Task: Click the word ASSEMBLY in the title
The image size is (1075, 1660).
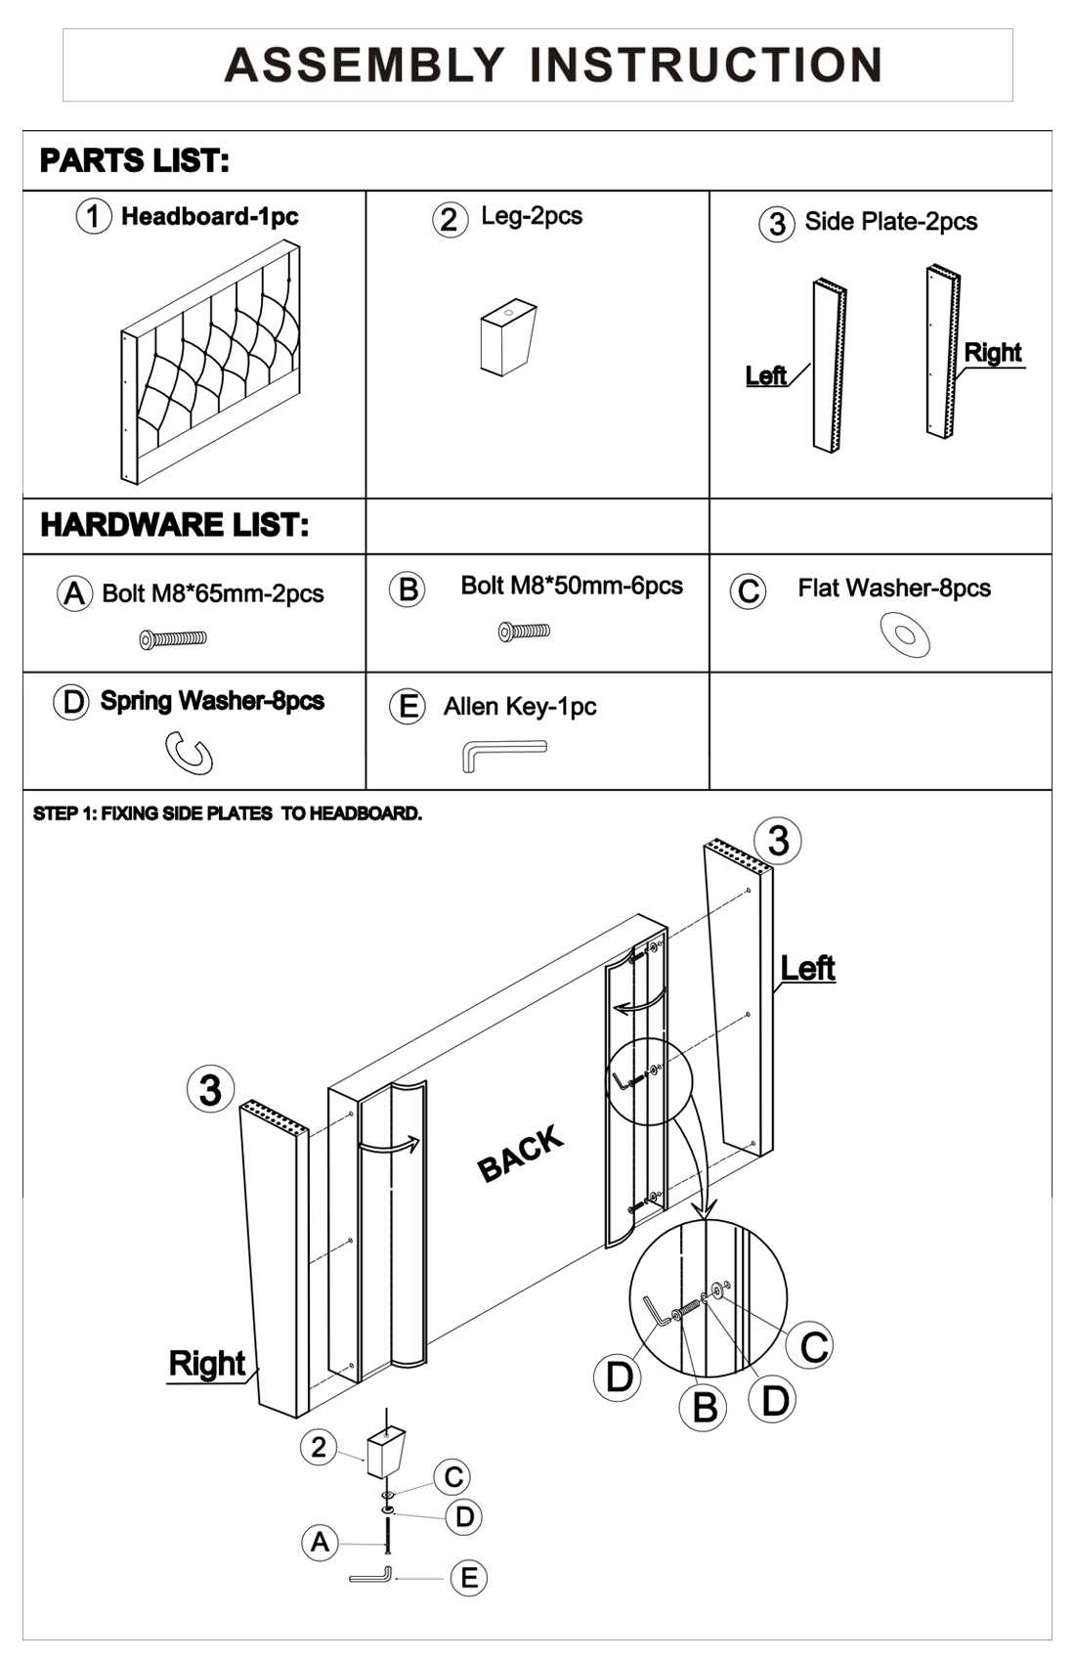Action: click(364, 65)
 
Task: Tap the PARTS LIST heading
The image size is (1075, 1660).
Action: click(135, 160)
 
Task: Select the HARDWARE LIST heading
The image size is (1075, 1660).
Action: click(175, 525)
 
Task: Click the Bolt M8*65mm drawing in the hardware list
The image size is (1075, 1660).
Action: click(173, 639)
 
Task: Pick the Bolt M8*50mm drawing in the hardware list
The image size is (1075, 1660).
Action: click(524, 632)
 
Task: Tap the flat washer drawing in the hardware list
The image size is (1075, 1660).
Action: click(905, 634)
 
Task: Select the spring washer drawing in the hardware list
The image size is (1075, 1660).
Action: click(189, 754)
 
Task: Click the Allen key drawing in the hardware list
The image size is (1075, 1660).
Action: click(502, 754)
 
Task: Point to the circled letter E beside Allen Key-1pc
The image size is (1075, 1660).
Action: click(407, 706)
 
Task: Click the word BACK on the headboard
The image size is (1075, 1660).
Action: click(521, 1153)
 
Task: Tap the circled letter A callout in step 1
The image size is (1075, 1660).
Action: click(320, 1542)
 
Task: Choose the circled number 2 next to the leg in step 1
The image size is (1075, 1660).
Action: click(319, 1447)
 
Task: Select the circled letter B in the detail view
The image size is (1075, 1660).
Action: click(705, 1408)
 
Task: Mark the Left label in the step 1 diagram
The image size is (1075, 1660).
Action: click(807, 968)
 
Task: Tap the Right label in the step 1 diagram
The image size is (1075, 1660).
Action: click(206, 1363)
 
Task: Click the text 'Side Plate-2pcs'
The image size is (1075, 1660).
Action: click(890, 222)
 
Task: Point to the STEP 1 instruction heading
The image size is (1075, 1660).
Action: click(228, 813)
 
